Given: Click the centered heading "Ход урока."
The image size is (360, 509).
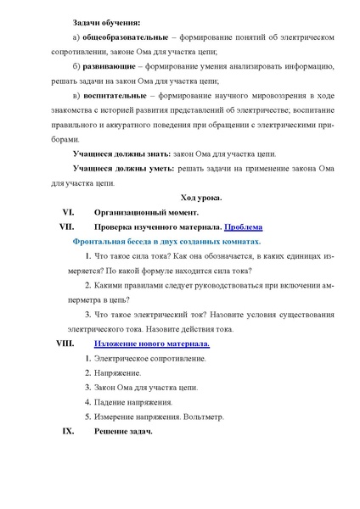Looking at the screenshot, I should (200, 197).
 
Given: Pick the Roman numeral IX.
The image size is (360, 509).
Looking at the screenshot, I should (69, 431).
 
